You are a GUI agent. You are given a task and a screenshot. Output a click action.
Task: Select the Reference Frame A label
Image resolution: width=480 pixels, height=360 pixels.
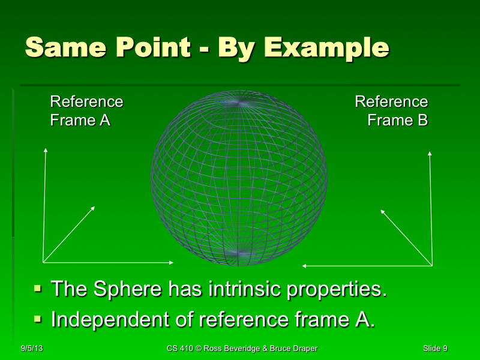(86, 111)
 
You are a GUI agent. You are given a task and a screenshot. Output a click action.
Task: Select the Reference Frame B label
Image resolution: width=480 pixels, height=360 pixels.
(392, 111)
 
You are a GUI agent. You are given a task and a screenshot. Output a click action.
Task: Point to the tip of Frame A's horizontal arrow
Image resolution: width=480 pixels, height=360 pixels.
(173, 262)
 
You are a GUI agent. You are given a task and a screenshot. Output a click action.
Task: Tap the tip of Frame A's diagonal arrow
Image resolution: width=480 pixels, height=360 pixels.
(95, 207)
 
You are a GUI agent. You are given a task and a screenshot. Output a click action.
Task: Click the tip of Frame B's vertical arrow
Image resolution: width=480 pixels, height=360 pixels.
(430, 152)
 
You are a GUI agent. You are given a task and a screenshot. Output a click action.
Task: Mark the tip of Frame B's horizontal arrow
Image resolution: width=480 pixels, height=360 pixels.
(303, 266)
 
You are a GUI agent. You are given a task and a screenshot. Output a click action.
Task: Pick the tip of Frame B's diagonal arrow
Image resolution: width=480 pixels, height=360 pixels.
(382, 209)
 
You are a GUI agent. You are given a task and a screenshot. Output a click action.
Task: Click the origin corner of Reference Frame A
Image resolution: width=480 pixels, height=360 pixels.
(44, 262)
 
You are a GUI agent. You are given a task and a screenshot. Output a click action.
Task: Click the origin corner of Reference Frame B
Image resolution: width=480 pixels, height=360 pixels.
(431, 265)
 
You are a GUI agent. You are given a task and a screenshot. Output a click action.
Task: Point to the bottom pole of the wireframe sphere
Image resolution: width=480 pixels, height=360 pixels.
(239, 254)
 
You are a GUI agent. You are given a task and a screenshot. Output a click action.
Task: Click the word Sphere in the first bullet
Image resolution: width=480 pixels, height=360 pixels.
(126, 289)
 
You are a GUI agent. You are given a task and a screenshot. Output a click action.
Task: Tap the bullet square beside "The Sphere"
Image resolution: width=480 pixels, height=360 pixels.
(38, 289)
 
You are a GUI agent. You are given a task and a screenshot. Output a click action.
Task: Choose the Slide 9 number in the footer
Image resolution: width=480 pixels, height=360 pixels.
(434, 349)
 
